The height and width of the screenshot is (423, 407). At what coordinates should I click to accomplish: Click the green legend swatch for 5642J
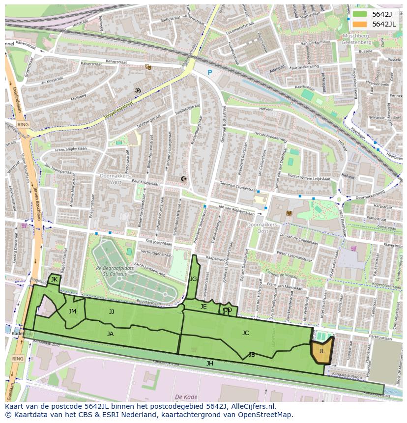pyautogui.click(x=360, y=14)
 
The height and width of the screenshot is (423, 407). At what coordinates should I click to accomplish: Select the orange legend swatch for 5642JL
pyautogui.click(x=360, y=24)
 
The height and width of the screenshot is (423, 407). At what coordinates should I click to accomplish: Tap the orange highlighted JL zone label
pyautogui.click(x=321, y=351)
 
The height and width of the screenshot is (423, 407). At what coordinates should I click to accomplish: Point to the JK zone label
pyautogui.click(x=54, y=280)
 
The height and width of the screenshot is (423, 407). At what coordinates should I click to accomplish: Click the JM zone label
pyautogui.click(x=72, y=311)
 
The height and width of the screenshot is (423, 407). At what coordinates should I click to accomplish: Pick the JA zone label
pyautogui.click(x=110, y=334)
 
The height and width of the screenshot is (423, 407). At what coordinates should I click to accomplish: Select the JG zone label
pyautogui.click(x=193, y=279)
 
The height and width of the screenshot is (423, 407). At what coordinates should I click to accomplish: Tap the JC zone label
pyautogui.click(x=245, y=333)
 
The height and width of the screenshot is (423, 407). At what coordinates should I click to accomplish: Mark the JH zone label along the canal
pyautogui.click(x=210, y=364)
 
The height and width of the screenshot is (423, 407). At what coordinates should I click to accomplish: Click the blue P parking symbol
pyautogui.click(x=209, y=73)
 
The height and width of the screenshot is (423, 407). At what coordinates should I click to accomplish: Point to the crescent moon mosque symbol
pyautogui.click(x=184, y=179)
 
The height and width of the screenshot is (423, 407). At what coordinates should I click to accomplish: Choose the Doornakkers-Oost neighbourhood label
pyautogui.click(x=262, y=227)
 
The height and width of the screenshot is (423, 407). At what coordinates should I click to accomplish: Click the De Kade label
pyautogui.click(x=186, y=396)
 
